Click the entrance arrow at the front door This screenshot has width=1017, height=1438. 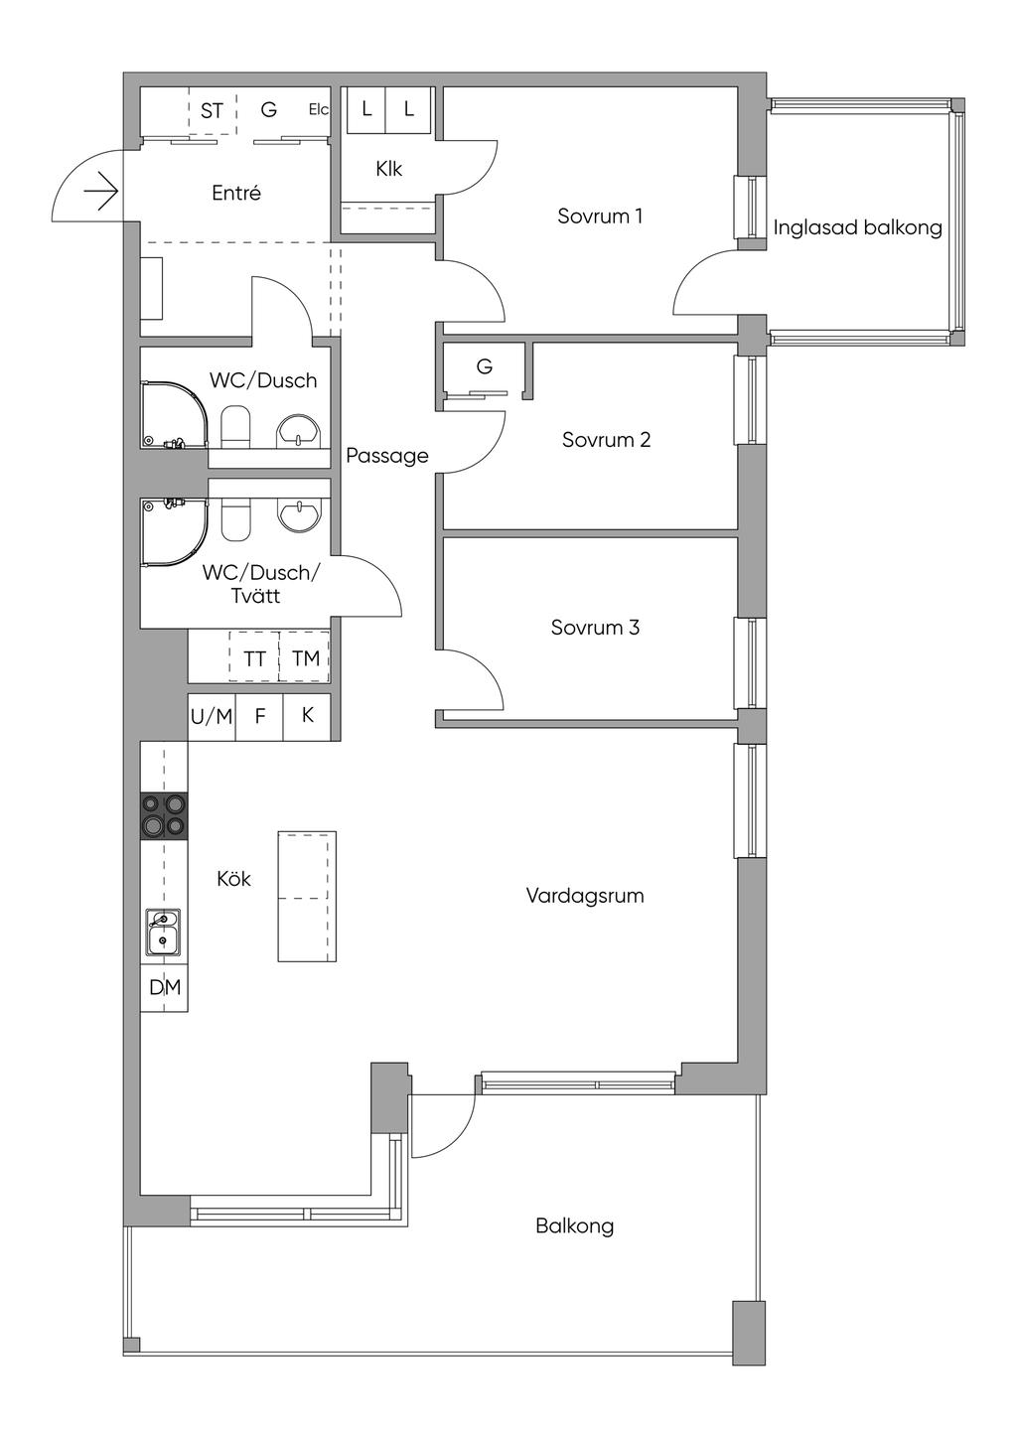tap(100, 191)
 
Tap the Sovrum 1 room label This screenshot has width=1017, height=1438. tap(600, 216)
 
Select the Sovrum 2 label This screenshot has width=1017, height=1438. tap(606, 440)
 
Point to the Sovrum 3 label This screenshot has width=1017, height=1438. tap(595, 628)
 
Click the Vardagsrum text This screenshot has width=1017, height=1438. tap(585, 896)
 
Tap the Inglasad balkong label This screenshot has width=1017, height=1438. tap(858, 227)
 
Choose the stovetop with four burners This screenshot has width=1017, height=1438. tap(164, 816)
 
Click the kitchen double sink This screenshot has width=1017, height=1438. tap(163, 933)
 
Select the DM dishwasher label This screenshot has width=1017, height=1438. tap(165, 987)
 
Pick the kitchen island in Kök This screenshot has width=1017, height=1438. tap(307, 896)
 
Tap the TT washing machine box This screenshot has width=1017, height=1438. tap(254, 656)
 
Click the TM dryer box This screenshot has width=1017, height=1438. tap(304, 656)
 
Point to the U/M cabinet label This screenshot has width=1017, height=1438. tap(212, 716)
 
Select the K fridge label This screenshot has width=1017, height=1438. tap(308, 715)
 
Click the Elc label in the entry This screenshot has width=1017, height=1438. tap(319, 110)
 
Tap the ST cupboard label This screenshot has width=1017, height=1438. tap(212, 111)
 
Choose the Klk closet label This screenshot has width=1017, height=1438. tap(389, 169)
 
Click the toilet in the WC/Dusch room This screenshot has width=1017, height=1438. tap(235, 426)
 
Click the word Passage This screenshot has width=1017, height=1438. tap(387, 456)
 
